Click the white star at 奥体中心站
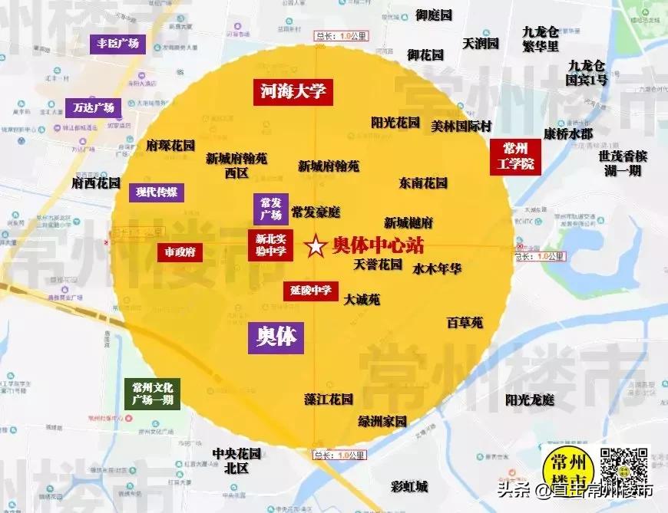pyautogui.click(x=315, y=247)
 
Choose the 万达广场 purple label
pyautogui.click(x=94, y=107)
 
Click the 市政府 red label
pyautogui.click(x=180, y=252)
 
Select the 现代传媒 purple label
pyautogui.click(x=157, y=192)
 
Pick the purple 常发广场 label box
pyautogui.click(x=271, y=209)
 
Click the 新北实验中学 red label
pyautogui.click(x=270, y=245)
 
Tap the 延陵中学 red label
pyautogui.click(x=311, y=291)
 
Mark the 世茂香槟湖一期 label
pyautogui.click(x=622, y=163)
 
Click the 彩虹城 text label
pyautogui.click(x=409, y=486)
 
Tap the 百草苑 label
pyautogui.click(x=465, y=323)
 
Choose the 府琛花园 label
pyautogui.click(x=170, y=145)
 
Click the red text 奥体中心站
pyautogui.click(x=379, y=245)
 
